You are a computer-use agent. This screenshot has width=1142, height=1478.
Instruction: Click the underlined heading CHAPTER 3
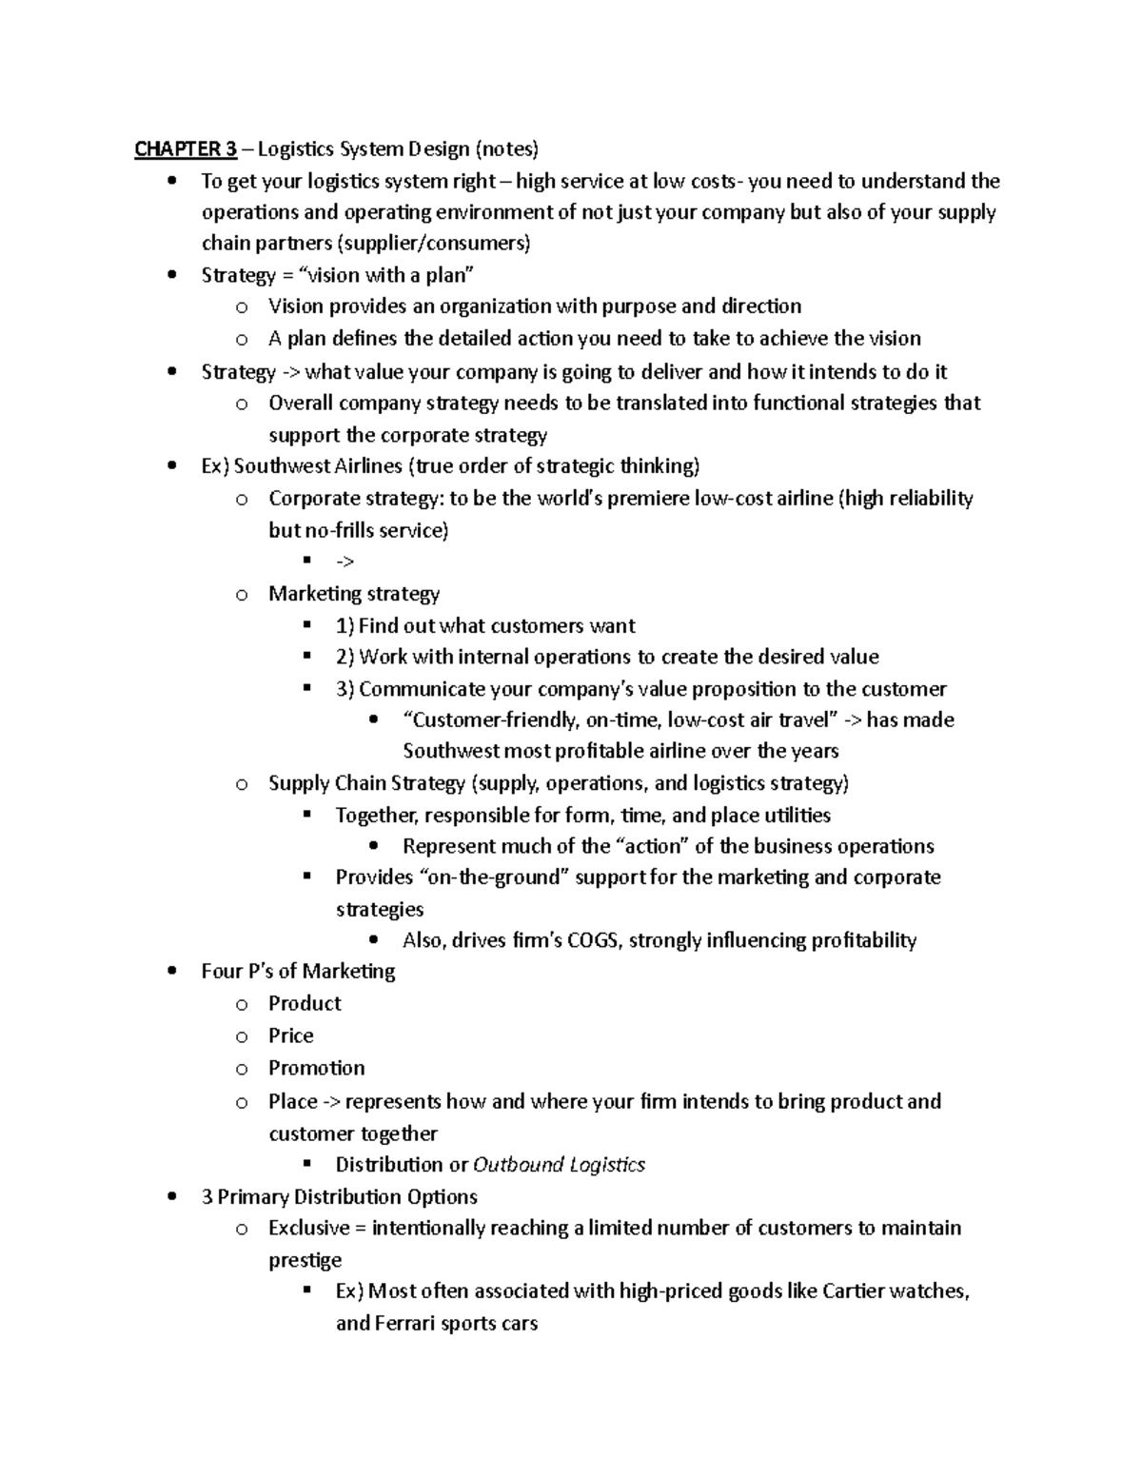click(186, 149)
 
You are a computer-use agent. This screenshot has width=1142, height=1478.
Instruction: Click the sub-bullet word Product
click(305, 1004)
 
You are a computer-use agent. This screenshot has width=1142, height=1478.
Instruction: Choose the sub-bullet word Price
click(290, 1036)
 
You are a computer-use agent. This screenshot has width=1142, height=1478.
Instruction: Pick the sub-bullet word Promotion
click(316, 1069)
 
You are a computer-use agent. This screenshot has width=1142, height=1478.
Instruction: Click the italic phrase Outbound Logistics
click(559, 1165)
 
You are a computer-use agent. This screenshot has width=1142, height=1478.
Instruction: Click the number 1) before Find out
click(345, 626)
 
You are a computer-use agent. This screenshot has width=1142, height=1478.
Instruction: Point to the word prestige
click(305, 1260)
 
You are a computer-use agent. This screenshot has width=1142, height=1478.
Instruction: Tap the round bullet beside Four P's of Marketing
click(171, 972)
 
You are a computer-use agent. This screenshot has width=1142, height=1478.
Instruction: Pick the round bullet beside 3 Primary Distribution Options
click(171, 1197)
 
